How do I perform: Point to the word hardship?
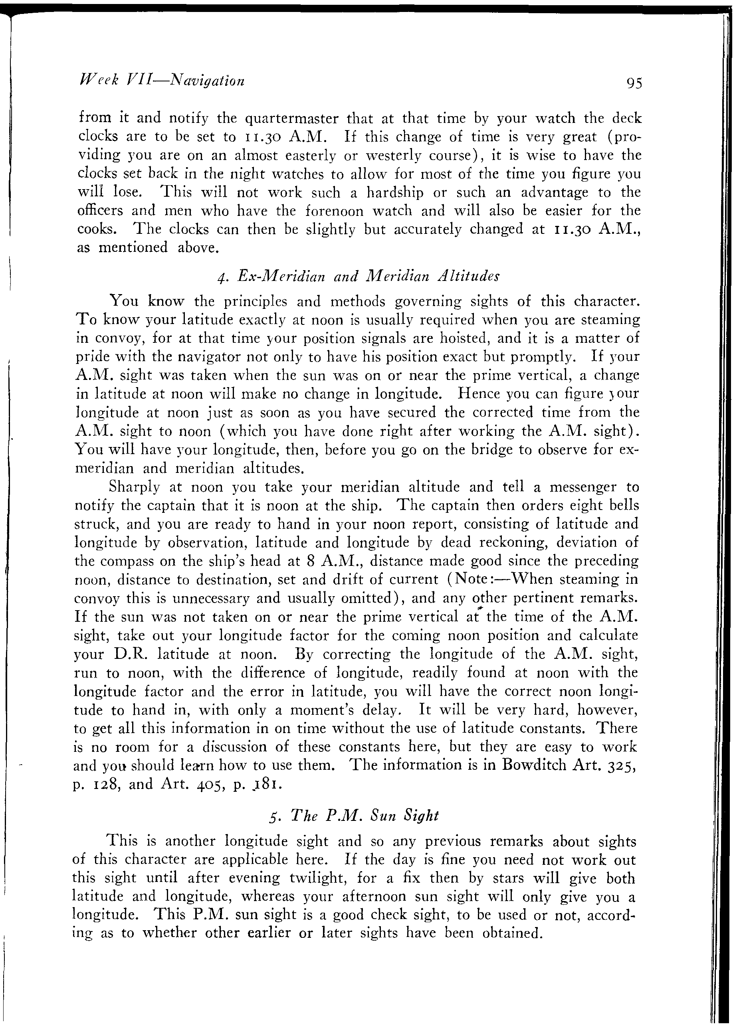coord(395,193)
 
